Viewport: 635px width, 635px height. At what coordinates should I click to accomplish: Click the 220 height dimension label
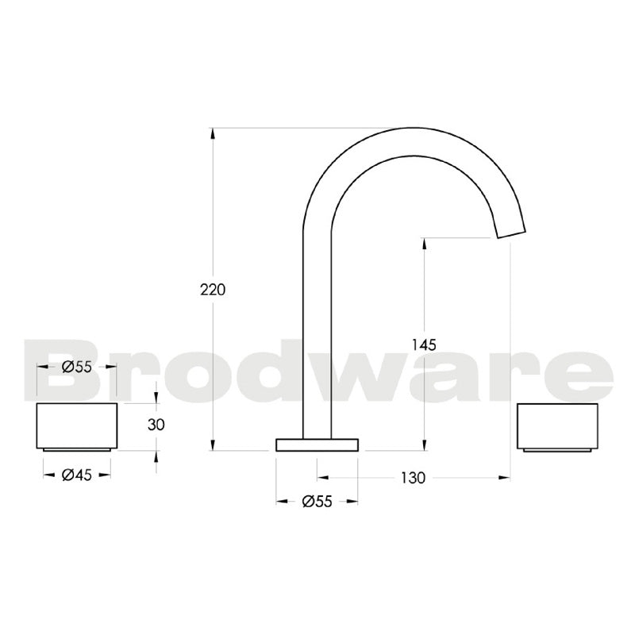click(x=213, y=290)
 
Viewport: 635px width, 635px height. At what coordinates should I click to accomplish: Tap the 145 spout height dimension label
click(x=425, y=344)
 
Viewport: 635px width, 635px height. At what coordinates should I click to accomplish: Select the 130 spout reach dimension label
click(x=413, y=478)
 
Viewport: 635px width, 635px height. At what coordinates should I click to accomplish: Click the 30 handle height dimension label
click(x=156, y=425)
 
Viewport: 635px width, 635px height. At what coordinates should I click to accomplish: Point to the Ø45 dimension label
click(x=76, y=475)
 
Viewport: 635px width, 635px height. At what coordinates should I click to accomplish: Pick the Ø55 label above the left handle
click(x=76, y=367)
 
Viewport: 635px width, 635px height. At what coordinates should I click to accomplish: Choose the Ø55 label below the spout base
click(x=317, y=501)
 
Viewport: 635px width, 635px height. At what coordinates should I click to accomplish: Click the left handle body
click(x=77, y=425)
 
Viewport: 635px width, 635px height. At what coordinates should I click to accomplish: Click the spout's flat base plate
click(x=317, y=444)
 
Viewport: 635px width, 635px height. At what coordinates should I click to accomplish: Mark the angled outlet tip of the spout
click(x=511, y=229)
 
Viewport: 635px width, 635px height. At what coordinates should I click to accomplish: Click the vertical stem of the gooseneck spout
click(x=317, y=333)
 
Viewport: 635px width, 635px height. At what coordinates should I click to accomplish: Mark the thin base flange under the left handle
click(x=77, y=449)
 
